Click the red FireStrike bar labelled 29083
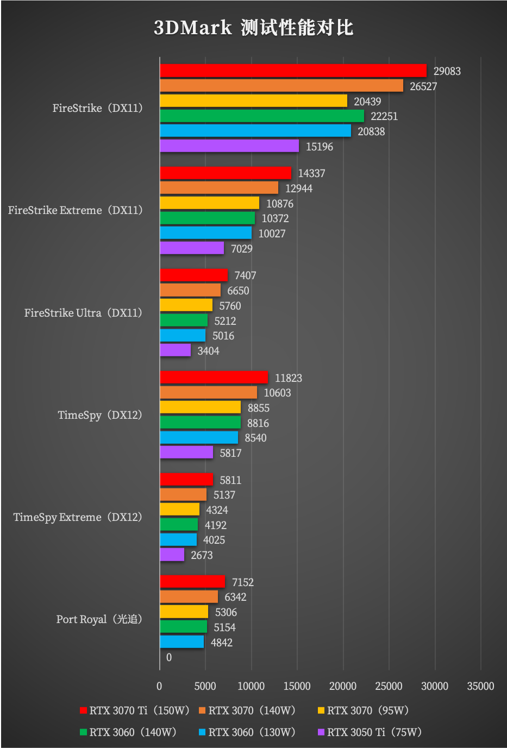tap(293, 71)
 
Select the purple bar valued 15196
tap(229, 146)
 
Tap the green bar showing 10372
tap(207, 218)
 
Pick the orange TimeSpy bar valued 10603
tap(208, 392)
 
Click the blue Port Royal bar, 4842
tap(181, 642)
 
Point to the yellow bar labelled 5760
tap(186, 305)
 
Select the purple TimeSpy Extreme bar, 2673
tap(172, 555)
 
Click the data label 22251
tap(384, 116)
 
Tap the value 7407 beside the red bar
tap(245, 275)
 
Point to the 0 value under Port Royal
tap(169, 657)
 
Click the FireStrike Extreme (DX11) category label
tap(76, 210)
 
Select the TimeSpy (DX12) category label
tap(100, 415)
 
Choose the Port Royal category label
tap(99, 619)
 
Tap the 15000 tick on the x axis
tap(297, 686)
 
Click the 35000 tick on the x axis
tap(480, 686)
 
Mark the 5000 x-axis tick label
tap(205, 686)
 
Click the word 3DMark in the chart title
tap(193, 28)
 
